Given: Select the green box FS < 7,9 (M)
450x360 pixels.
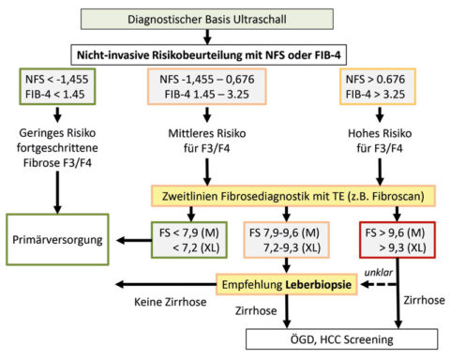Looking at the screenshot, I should coord(192,238).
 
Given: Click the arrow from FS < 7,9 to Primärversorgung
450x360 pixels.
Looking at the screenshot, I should coord(135,238).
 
